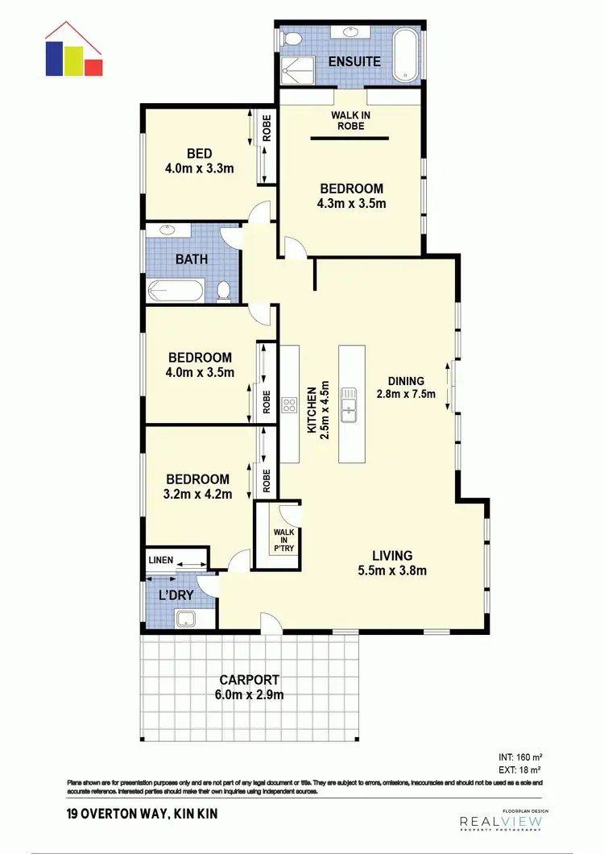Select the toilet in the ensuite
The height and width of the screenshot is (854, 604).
pyautogui.click(x=293, y=39)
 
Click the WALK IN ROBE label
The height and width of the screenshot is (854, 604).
pyautogui.click(x=350, y=120)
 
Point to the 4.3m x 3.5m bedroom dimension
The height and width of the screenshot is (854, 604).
pyautogui.click(x=350, y=203)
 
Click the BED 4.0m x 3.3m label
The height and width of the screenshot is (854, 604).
pyautogui.click(x=199, y=161)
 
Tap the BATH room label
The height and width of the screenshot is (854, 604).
pyautogui.click(x=192, y=259)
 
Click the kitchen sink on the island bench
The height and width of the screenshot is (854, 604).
pyautogui.click(x=350, y=403)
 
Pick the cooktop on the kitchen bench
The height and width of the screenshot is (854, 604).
pyautogui.click(x=288, y=404)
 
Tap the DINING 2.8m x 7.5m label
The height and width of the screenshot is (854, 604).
pyautogui.click(x=405, y=388)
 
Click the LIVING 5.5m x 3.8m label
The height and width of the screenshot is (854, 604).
pyautogui.click(x=392, y=563)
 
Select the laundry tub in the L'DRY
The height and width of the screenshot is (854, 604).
pyautogui.click(x=186, y=618)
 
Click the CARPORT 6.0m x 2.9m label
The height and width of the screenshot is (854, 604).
pyautogui.click(x=248, y=686)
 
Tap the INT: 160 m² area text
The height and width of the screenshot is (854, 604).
pyautogui.click(x=521, y=757)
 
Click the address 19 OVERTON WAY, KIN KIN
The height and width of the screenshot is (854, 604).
pyautogui.click(x=133, y=815)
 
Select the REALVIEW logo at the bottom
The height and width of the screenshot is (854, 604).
pyautogui.click(x=501, y=822)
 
